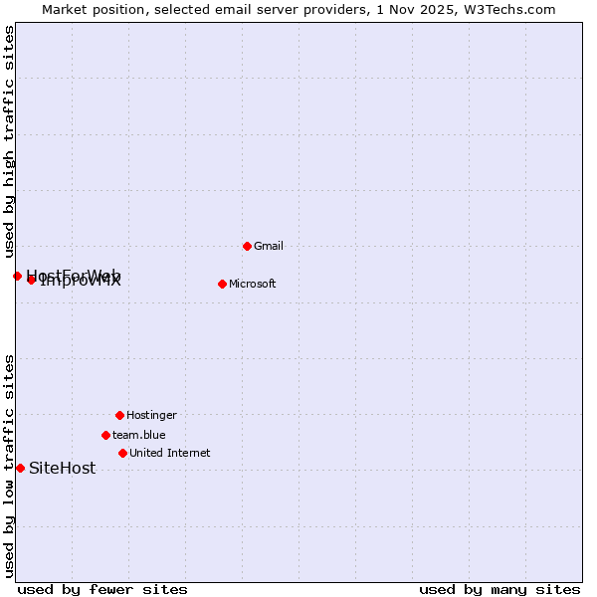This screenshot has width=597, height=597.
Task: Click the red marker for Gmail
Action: (247, 246)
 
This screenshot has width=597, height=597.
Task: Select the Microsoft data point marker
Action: (222, 284)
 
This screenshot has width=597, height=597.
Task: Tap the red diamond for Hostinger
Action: (119, 415)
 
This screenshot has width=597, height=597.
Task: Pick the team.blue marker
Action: (105, 435)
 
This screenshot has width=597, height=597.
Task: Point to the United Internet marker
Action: (122, 453)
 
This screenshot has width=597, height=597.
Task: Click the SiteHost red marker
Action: (20, 468)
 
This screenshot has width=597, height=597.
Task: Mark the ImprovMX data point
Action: (32, 280)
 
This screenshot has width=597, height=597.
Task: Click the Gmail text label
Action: (269, 246)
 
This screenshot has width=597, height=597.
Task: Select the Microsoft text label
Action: (253, 284)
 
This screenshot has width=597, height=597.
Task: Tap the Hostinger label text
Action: (151, 415)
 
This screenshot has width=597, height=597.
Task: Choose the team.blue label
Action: (139, 435)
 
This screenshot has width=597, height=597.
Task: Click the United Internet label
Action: (170, 453)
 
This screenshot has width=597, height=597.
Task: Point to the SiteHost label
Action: (63, 468)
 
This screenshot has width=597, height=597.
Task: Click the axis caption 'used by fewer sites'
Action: (102, 589)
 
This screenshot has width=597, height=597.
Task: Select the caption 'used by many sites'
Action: (499, 589)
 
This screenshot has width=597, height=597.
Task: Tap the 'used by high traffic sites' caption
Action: (9, 142)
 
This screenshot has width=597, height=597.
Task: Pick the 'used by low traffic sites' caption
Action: (9, 466)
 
